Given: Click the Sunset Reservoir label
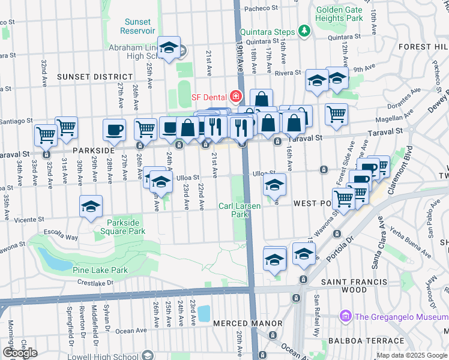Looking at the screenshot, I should coord(137,26).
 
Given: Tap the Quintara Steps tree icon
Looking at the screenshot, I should coord(304,31).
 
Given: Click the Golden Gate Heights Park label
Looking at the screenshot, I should coord(340,14).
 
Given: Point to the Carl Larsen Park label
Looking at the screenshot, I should coord(241,209).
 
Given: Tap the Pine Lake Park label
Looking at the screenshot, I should coord(100,270).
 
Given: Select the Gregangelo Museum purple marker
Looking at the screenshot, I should coord(345,315).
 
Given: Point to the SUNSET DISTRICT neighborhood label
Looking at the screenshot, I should coord(94,77).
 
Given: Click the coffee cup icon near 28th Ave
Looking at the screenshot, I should coord(114,129).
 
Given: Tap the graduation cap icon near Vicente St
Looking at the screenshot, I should coord(91,206).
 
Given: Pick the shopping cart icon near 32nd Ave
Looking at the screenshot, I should coord(66,127).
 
